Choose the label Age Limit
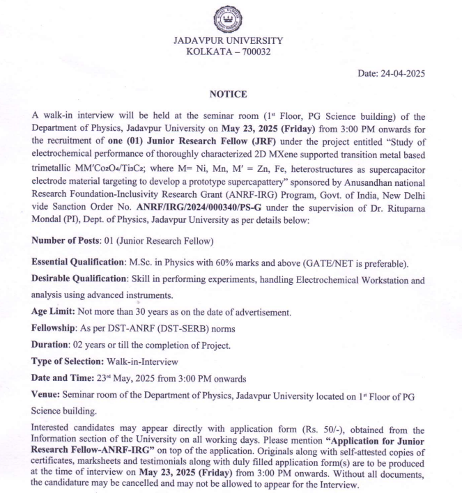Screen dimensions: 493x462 pos(54,312)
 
